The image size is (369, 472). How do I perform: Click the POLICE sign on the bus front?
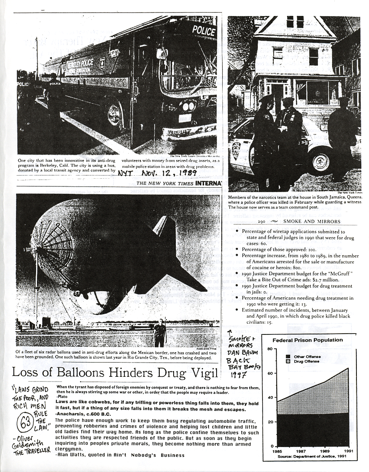coord(203,30)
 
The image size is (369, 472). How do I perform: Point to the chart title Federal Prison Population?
coord(313,340)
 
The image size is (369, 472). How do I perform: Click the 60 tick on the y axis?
coord(269,373)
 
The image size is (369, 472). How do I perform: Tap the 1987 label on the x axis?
coord(301,451)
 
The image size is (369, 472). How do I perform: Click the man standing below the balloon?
coord(159,332)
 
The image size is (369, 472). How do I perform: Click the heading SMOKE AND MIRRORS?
coord(311,222)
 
